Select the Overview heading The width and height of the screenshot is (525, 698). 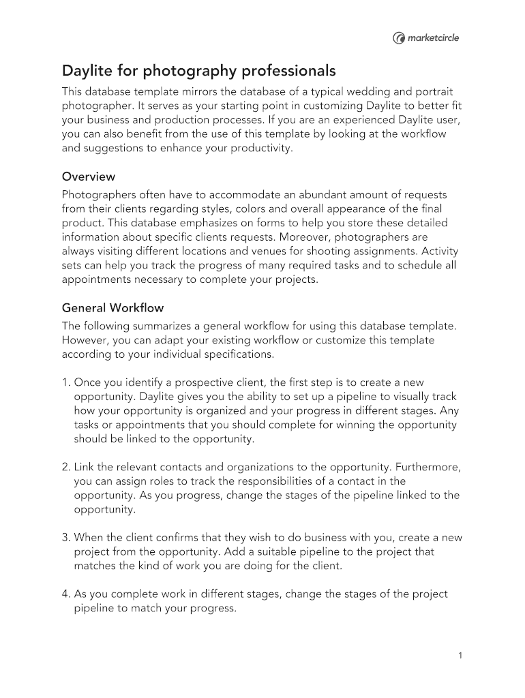[x=89, y=177]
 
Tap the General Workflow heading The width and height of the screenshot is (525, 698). [x=112, y=307]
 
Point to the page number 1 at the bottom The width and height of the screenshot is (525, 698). [x=461, y=656]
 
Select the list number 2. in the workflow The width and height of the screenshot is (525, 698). [x=66, y=467]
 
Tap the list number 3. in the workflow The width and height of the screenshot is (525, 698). [x=66, y=537]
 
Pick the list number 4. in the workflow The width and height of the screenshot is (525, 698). [x=66, y=594]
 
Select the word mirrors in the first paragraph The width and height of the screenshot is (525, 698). [x=192, y=91]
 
